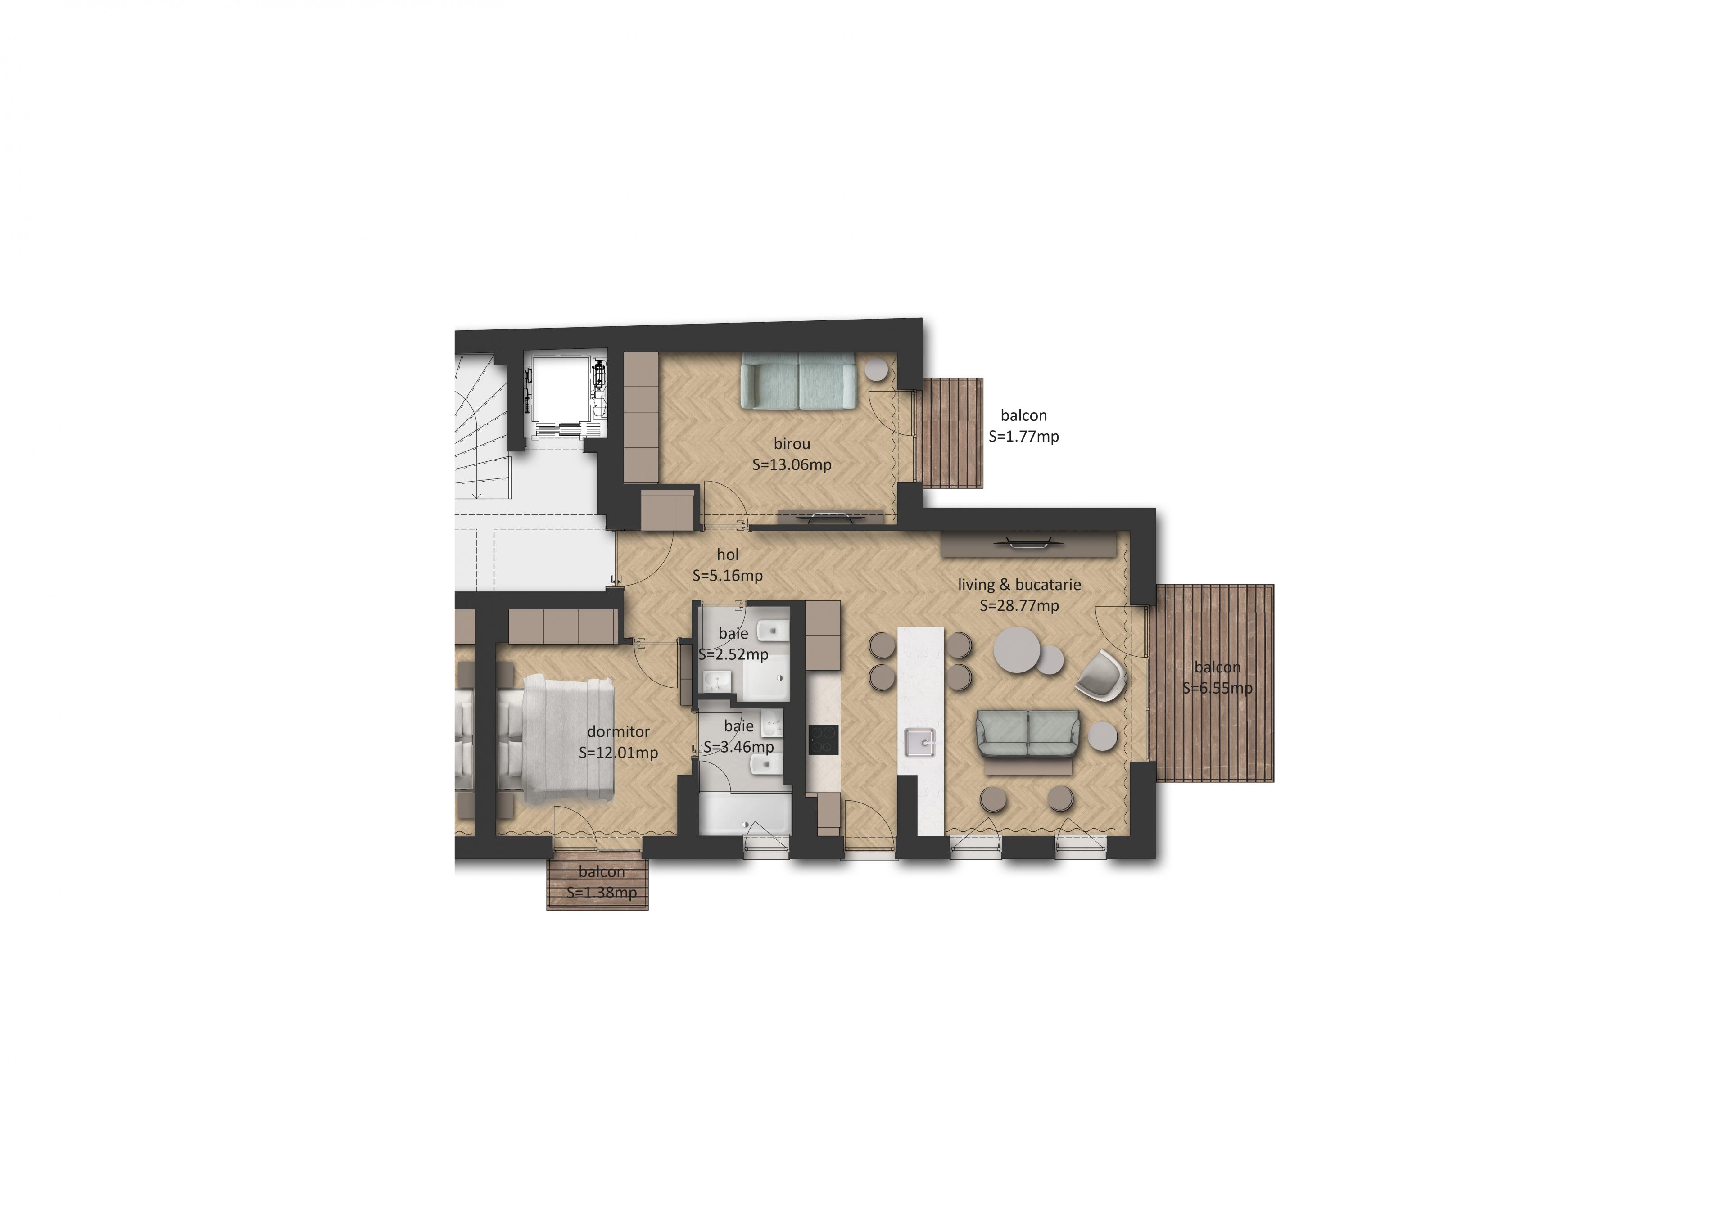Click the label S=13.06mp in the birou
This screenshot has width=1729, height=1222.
(x=792, y=464)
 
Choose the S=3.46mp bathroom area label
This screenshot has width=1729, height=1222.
(x=739, y=747)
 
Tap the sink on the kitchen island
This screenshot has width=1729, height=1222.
(x=920, y=742)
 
